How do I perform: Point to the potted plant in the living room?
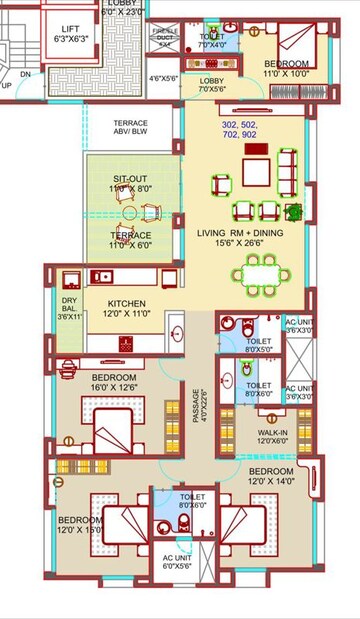293,211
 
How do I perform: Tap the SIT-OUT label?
130,182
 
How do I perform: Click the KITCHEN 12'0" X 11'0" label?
127,308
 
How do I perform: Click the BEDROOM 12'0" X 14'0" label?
271,475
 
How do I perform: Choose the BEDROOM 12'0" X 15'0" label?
81,525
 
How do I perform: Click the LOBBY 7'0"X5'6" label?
211,84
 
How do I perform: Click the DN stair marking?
26,73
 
